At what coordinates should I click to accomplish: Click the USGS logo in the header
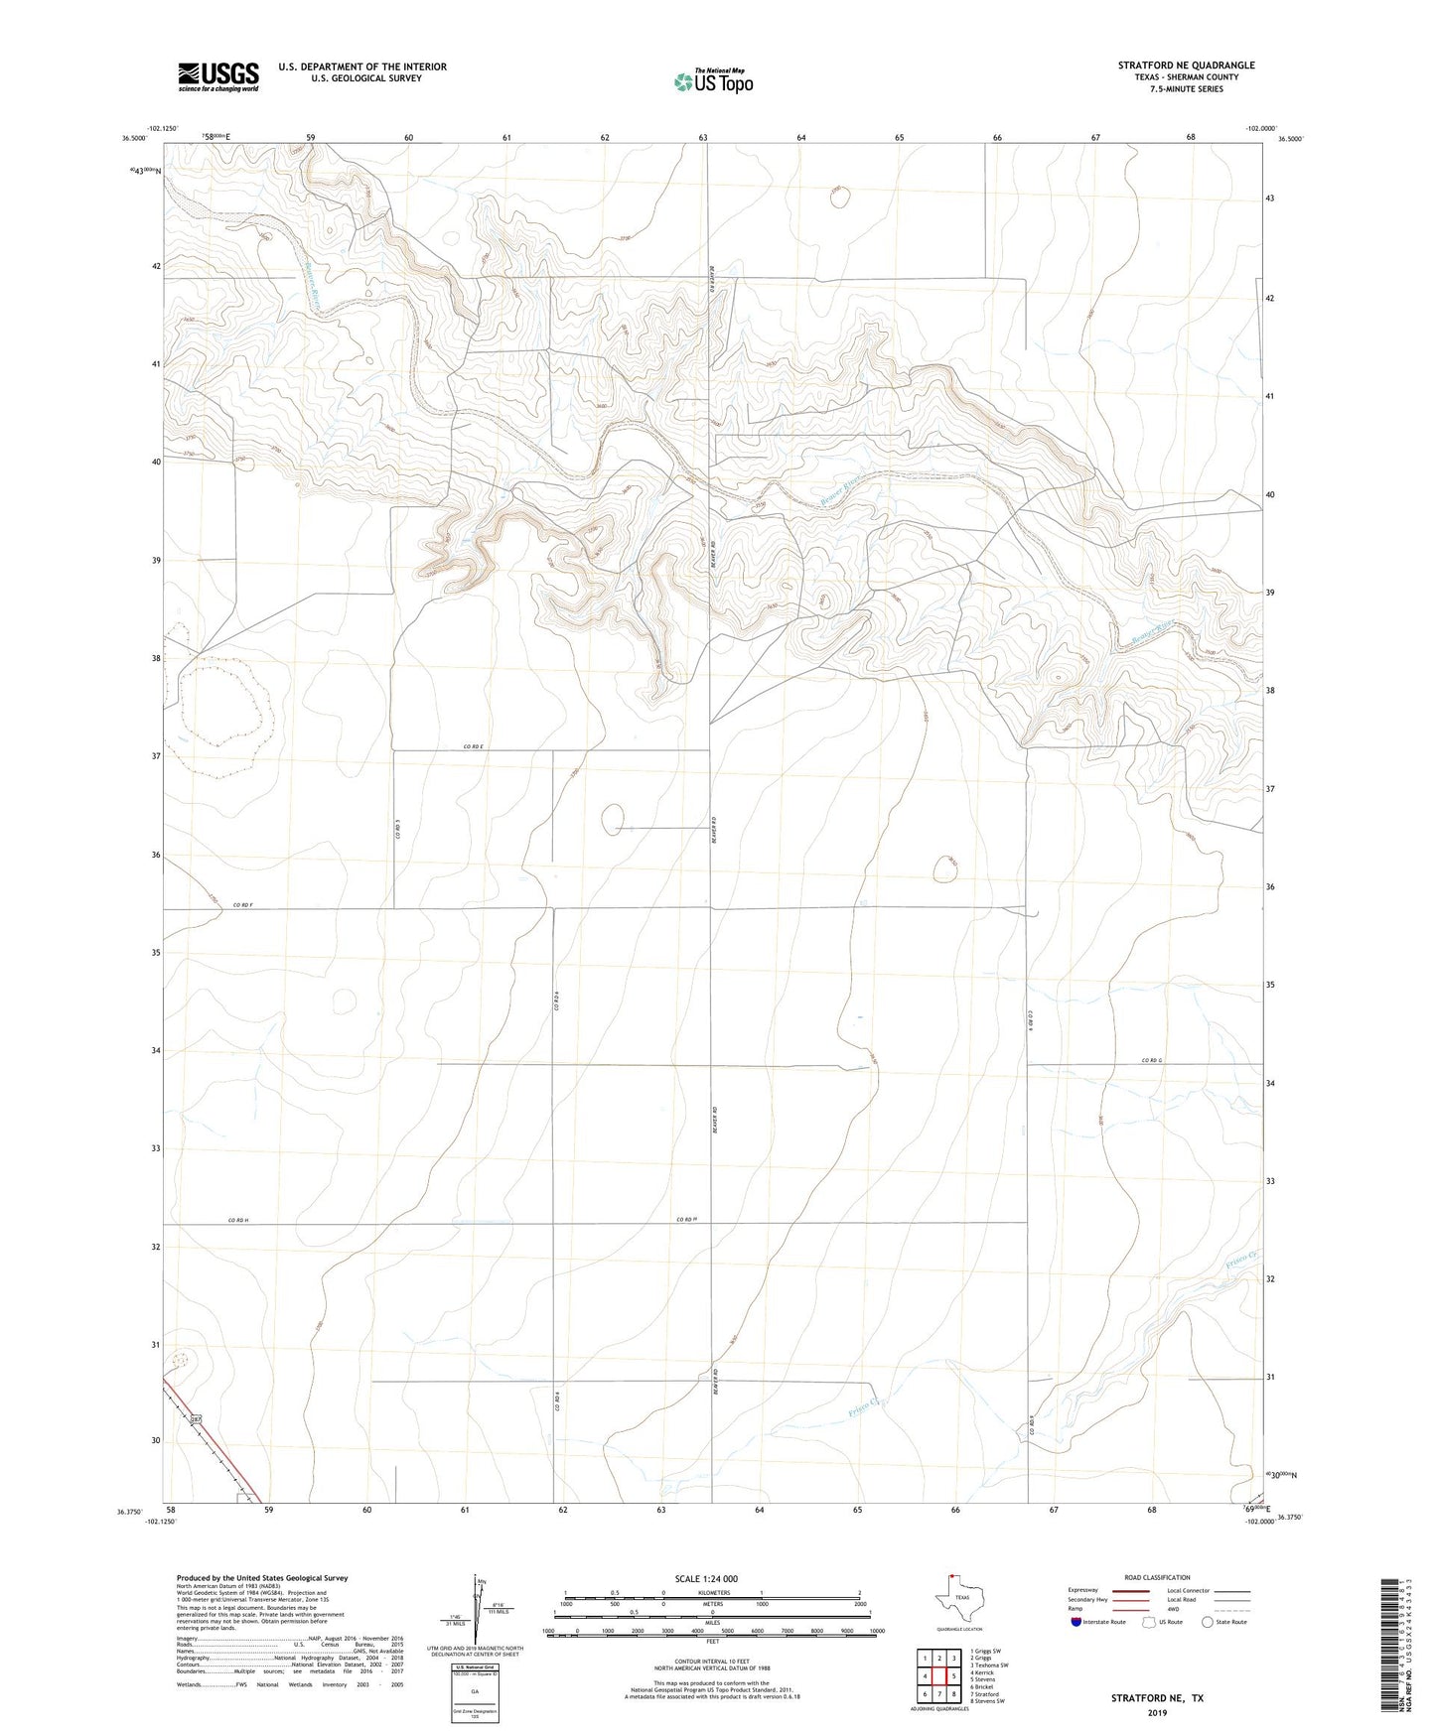coord(218,76)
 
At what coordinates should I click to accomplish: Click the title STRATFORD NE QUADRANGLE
coord(1186,66)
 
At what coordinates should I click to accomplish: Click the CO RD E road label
coord(473,746)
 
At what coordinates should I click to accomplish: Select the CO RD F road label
coord(243,905)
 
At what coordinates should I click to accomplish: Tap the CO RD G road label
coord(1151,1061)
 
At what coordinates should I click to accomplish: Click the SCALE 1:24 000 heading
coord(706,1578)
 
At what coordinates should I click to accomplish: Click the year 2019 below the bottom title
coord(1157,1712)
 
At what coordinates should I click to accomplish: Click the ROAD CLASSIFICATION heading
coord(1157,1577)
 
